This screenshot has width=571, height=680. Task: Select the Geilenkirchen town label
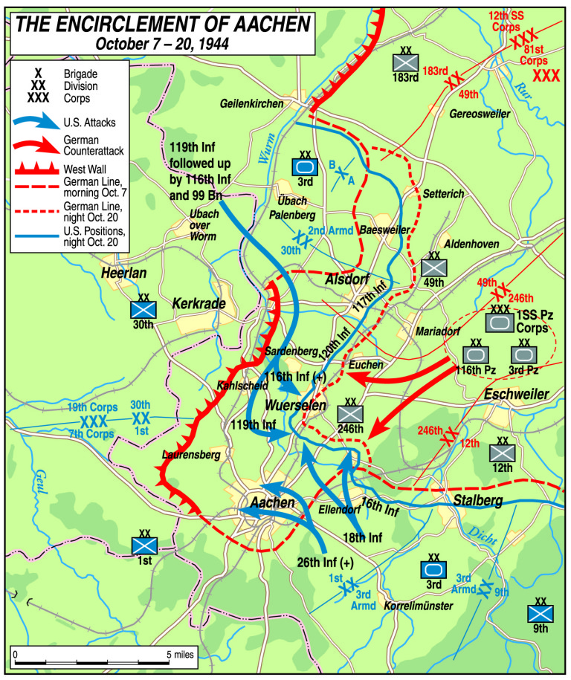254,105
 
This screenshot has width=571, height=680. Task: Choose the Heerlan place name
124,274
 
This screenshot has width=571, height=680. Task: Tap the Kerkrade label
197,303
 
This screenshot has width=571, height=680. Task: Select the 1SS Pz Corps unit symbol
498,322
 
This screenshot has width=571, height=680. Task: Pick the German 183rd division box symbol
406,63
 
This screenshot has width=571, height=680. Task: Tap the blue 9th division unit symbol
541,613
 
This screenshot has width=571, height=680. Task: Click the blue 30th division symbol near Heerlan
142,309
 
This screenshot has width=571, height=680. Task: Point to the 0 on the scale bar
16,655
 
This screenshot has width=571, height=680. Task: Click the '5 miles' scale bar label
181,655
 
